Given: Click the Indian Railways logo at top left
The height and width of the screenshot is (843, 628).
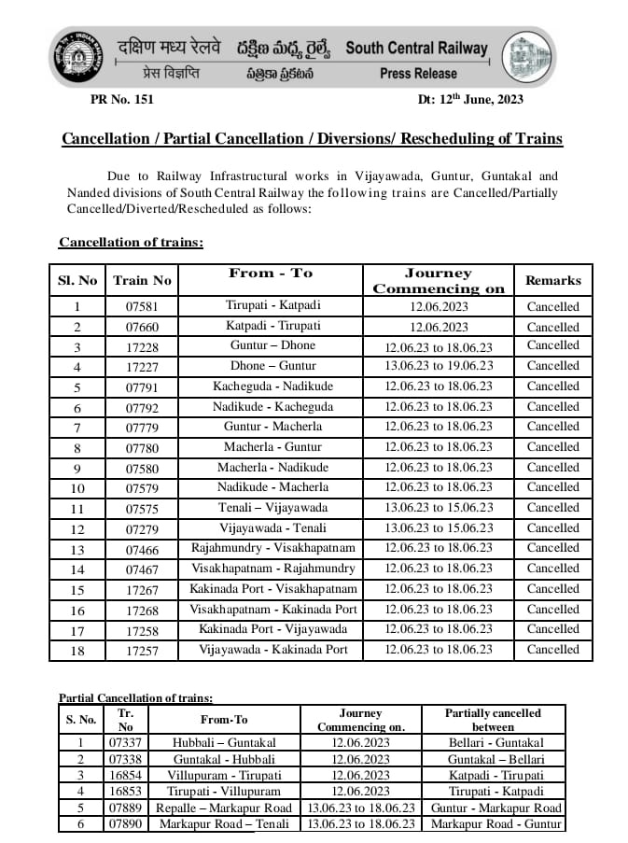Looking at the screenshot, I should point(76,57).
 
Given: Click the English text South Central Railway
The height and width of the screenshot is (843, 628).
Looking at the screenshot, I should point(416,48).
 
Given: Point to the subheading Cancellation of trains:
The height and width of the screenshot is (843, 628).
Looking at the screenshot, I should point(131,243).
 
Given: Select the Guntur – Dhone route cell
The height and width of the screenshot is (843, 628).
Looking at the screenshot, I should point(271,345).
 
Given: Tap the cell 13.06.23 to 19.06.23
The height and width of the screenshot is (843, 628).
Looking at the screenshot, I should point(439,366).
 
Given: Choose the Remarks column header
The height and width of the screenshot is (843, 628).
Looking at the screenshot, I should point(552,280).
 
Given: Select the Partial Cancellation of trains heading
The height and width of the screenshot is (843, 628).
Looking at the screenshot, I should point(135,697).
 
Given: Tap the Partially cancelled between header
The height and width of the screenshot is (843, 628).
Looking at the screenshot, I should point(493,719).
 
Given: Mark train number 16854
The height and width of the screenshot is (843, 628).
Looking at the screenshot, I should point(124,776).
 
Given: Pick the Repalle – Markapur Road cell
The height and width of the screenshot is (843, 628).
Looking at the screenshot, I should point(224,808).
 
